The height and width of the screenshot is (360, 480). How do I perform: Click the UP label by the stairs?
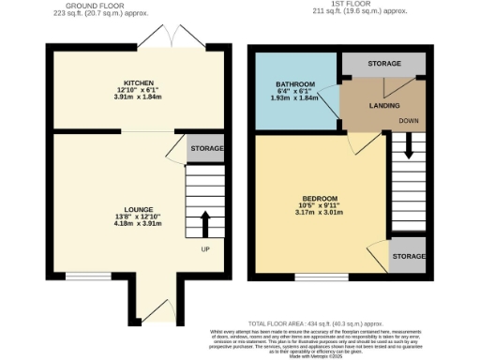tap(205, 250)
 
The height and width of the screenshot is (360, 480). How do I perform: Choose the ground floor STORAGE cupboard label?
tap(207, 149)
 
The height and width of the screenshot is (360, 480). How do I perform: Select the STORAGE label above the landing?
tap(383, 64)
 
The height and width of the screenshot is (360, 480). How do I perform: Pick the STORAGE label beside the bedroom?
tap(406, 255)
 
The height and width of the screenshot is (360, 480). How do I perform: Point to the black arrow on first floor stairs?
tap(409, 145)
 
